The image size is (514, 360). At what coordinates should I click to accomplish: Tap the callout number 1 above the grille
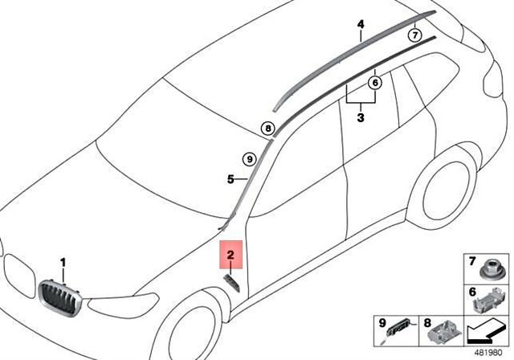64,263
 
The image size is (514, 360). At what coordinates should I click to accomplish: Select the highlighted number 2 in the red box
230,256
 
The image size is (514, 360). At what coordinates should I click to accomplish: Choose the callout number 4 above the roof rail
361,25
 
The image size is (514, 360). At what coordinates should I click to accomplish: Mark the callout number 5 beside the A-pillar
229,178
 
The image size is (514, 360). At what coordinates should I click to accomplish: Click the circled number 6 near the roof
375,81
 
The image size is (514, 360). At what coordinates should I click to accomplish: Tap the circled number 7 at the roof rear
414,35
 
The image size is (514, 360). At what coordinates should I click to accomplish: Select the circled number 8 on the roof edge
267,127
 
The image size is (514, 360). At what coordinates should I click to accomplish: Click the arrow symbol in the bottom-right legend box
486,329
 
